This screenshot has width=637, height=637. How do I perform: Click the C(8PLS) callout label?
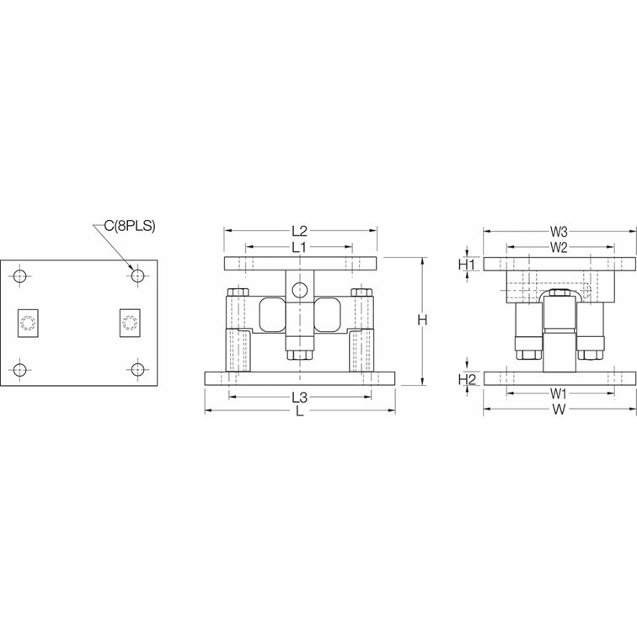click(130, 227)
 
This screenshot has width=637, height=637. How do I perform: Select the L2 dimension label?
click(300, 230)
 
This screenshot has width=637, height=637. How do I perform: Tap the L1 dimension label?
click(300, 247)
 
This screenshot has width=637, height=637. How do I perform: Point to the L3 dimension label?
click(300, 395)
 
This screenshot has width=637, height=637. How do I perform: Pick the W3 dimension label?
click(559, 230)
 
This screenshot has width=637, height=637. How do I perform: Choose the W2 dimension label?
click(559, 247)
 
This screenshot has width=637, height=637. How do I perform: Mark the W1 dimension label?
click(559, 393)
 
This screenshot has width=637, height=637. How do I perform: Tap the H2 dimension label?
click(467, 379)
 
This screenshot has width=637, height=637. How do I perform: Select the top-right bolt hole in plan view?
click(136, 275)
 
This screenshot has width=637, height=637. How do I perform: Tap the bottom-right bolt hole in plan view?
click(136, 368)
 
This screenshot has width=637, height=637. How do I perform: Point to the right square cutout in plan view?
click(130, 322)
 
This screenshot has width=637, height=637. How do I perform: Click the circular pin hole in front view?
click(299, 291)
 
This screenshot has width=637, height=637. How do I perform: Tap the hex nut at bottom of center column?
click(299, 356)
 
